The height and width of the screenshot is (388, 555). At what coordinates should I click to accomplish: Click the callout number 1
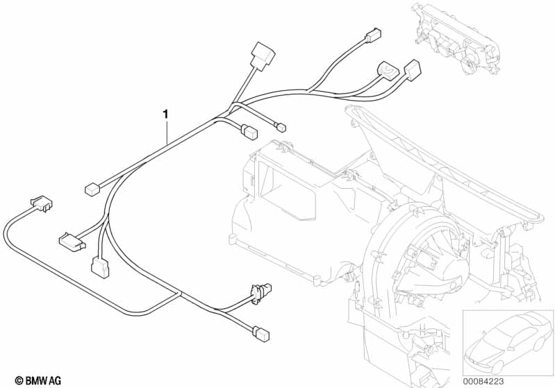(165, 115)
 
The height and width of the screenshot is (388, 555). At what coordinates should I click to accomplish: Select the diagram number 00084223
(483, 381)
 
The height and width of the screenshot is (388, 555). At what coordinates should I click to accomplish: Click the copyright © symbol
(19, 380)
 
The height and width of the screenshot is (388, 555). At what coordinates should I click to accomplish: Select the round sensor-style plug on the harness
(260, 291)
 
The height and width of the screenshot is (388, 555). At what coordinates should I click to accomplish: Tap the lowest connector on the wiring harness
(261, 334)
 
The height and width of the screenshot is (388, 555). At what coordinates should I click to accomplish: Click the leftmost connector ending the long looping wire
(42, 204)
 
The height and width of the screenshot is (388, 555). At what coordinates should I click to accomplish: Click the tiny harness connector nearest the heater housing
(281, 126)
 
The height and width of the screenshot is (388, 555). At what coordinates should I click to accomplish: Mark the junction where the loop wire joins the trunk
(179, 293)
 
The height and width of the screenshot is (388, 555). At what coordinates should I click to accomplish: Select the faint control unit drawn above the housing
(457, 39)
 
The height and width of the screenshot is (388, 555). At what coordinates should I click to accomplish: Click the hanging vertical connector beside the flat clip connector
(100, 266)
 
